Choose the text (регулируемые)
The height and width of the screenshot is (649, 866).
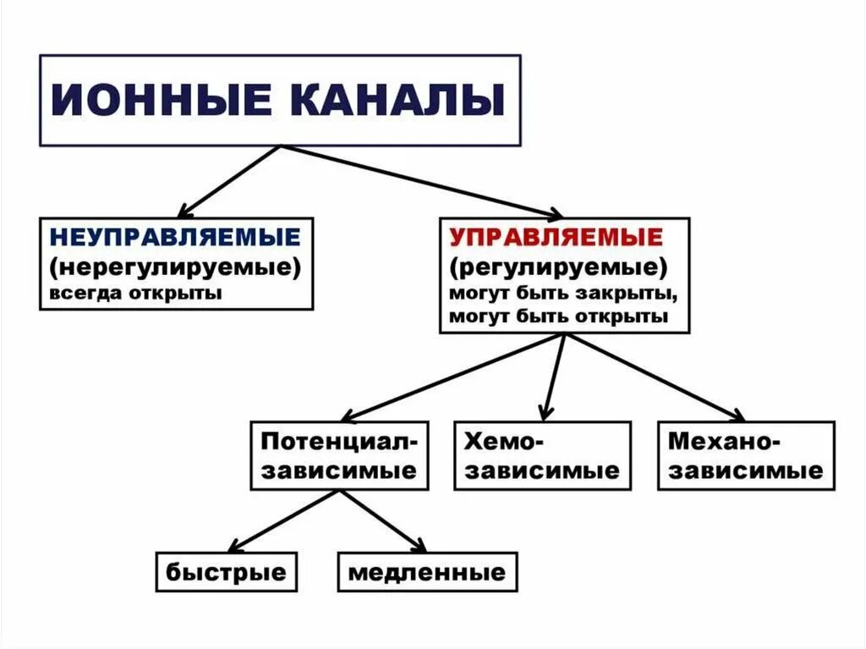tap(558, 268)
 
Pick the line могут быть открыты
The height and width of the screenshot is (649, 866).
tap(559, 316)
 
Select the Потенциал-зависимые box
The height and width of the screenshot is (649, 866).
tap(338, 455)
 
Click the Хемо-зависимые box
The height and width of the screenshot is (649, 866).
tap(542, 455)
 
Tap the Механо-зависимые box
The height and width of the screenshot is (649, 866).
tap(745, 455)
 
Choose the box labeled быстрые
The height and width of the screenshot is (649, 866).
tap(226, 572)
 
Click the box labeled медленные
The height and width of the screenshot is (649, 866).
tap(427, 572)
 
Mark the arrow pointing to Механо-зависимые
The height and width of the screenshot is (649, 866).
tap(654, 377)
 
